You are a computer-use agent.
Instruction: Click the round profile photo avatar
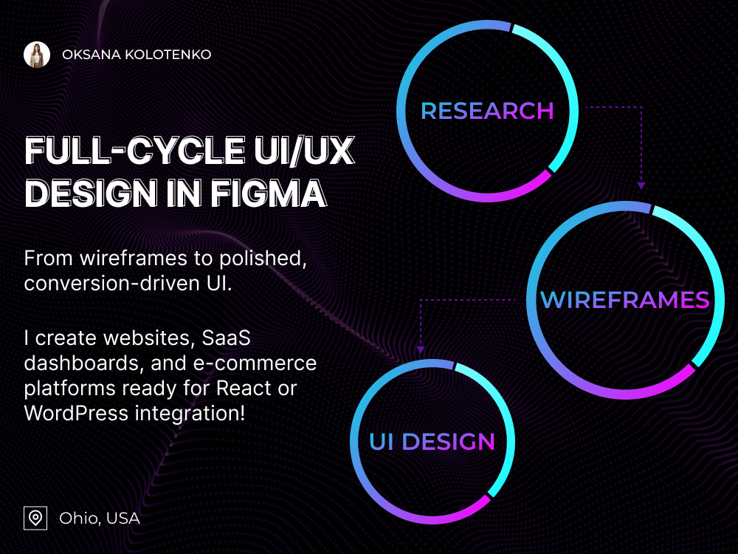(x=37, y=55)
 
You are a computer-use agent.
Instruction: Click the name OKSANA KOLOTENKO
(x=137, y=55)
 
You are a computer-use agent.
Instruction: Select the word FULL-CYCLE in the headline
(x=134, y=151)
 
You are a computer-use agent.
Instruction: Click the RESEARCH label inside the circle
(x=487, y=112)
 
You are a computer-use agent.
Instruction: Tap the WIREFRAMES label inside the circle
(x=625, y=300)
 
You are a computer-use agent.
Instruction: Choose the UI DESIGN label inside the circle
(x=432, y=442)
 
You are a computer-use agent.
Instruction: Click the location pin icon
(x=35, y=519)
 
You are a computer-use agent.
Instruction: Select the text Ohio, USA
(x=100, y=519)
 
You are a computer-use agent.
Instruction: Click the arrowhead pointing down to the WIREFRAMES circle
(x=641, y=186)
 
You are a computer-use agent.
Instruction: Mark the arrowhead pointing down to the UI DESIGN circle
(x=421, y=349)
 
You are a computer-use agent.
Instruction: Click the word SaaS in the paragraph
(x=227, y=338)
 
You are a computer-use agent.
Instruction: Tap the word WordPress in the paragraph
(x=76, y=413)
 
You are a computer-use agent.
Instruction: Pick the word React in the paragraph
(x=244, y=389)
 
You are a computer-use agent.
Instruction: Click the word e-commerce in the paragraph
(x=255, y=363)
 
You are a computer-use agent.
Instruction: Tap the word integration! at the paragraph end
(x=190, y=413)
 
